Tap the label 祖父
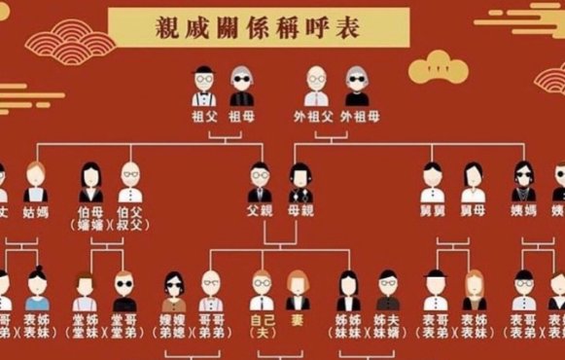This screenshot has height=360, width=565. (x=204, y=116)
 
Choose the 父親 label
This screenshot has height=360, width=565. (x=259, y=209)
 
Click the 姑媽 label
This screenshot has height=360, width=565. (x=37, y=209)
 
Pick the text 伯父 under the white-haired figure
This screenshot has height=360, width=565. (x=129, y=209)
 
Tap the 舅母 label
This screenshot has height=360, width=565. (x=474, y=209)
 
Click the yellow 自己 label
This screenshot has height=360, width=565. (x=259, y=319)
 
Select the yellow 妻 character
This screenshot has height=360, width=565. (x=298, y=319)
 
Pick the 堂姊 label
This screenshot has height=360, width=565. (x=85, y=319)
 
